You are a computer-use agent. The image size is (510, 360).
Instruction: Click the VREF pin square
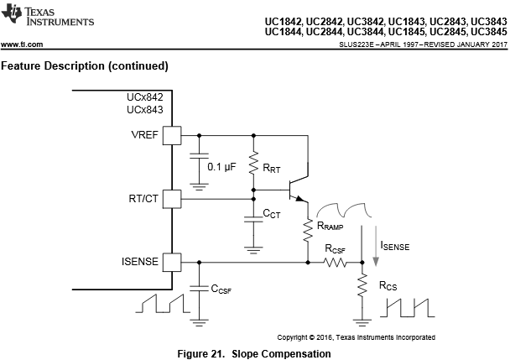point(172,135)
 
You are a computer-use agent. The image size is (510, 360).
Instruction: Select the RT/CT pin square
point(172,199)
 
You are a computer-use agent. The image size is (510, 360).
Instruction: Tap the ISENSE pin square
point(172,262)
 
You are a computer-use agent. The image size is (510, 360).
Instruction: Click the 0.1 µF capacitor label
point(221,167)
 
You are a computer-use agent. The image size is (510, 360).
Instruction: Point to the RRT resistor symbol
point(253,163)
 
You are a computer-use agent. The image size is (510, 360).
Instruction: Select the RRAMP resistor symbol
point(308,231)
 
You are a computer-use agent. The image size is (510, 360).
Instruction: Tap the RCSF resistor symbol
point(335,262)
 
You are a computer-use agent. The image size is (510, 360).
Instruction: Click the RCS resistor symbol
point(362,285)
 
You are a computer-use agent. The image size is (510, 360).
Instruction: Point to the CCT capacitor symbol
point(253,219)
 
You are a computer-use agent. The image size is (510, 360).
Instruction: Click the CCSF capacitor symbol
point(199,289)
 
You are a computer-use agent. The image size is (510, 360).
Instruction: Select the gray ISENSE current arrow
point(376,246)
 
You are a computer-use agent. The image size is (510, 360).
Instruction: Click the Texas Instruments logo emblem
point(12,13)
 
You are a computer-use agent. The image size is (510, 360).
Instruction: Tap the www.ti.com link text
point(22,44)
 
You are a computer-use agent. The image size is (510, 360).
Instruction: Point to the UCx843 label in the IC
point(145,110)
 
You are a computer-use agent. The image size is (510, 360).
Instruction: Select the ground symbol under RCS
point(362,322)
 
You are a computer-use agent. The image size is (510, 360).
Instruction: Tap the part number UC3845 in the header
point(489,32)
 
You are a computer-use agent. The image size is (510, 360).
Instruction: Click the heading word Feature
point(21,65)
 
